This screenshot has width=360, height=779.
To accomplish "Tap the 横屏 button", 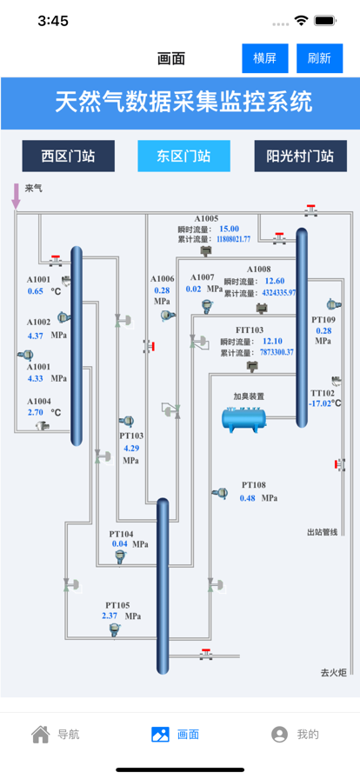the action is pos(265,58).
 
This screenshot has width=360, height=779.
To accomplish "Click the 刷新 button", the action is pos(320,58).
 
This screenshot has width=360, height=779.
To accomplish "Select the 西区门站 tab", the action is pos(68,156).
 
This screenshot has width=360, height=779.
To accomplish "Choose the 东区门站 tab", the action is pos(184,156).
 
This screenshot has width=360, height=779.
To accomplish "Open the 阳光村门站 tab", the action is pos(301,156).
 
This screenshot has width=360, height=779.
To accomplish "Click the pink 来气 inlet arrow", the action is pos(17,196).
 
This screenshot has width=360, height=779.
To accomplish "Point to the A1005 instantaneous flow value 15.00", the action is pos(230,229).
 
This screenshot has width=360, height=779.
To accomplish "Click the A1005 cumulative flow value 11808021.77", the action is pos(234,239).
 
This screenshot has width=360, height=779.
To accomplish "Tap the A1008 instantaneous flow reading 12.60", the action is pos(275,281).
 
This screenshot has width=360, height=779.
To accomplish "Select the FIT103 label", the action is pos(250,330).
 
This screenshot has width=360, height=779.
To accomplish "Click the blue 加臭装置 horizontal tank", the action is pos(243,417).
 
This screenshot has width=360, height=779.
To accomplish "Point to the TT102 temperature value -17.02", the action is pos(320,403).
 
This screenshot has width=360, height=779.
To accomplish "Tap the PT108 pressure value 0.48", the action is pos(248,498).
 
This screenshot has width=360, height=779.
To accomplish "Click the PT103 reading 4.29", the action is pos(131,448).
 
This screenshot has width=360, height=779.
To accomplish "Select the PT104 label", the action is pos(122,534).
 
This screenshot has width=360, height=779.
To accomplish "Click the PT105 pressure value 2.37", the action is pos(110,616).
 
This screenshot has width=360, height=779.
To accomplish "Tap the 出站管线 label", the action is pos(323,533).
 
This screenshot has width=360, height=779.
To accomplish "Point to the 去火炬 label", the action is pos(333,673).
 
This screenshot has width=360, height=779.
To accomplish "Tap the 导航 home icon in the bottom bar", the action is pos(40,734).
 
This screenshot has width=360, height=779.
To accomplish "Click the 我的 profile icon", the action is pos(279,735).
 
